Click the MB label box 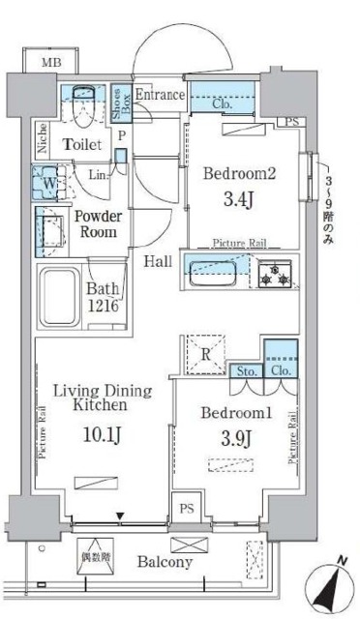tap(46, 63)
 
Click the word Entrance tap(160, 95)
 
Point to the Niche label tap(44, 138)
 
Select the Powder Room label tap(98, 224)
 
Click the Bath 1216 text tap(105, 296)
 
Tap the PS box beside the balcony tap(185, 507)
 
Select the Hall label tap(160, 261)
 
